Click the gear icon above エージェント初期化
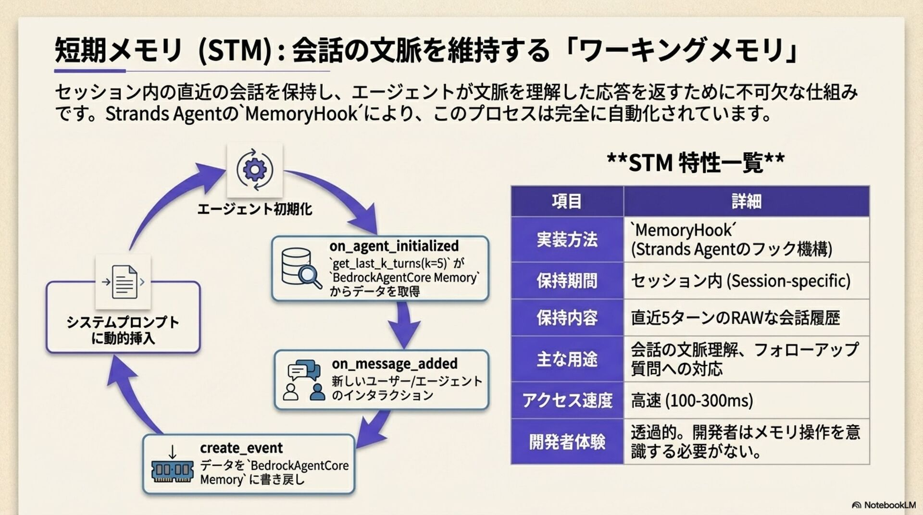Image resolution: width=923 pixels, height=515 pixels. click(254, 170)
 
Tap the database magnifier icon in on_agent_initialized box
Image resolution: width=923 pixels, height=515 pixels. click(300, 268)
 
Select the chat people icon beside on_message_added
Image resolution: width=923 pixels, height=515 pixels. click(302, 380)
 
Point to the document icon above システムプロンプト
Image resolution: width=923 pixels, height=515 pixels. click(124, 282)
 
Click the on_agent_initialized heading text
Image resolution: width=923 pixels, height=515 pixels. click(394, 246)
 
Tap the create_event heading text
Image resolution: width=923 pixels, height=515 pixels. click(241, 448)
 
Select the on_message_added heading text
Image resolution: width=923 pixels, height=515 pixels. click(394, 364)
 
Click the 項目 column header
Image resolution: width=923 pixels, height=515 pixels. click(567, 201)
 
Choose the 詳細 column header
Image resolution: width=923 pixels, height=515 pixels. click(746, 201)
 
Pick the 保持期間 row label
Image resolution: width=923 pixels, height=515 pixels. click(567, 281)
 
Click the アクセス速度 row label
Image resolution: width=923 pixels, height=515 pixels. click(567, 400)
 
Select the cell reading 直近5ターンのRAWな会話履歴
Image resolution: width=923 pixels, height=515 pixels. click(735, 318)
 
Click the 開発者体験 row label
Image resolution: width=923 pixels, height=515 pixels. click(567, 441)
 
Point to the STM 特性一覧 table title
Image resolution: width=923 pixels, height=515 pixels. click(695, 163)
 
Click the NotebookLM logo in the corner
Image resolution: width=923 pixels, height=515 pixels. click(884, 505)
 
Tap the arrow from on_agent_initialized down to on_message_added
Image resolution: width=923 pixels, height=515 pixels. click(404, 325)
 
